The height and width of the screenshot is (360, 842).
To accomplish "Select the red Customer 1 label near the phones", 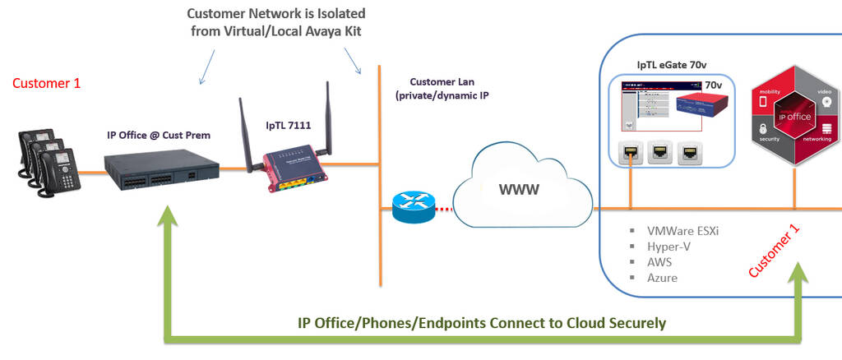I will pyautogui.click(x=47, y=83).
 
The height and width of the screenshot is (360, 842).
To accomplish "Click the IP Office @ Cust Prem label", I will pyautogui.click(x=159, y=133).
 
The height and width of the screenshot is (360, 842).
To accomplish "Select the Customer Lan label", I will pyautogui.click(x=443, y=82).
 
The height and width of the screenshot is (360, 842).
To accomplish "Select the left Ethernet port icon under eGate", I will pyautogui.click(x=631, y=151).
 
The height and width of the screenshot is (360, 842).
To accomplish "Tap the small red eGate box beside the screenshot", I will pyautogui.click(x=698, y=106).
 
